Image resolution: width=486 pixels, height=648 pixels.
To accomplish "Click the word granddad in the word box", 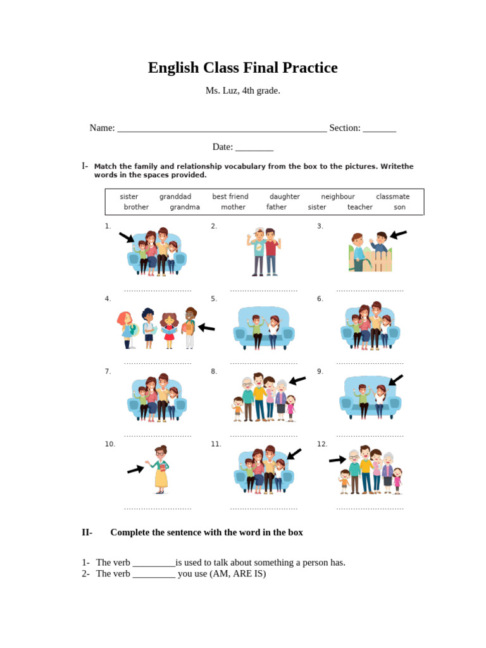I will (175, 197).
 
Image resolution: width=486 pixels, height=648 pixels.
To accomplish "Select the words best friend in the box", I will (230, 197).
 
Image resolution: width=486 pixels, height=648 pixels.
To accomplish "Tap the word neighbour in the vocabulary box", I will (338, 197).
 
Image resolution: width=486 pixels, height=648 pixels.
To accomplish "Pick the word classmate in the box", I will (392, 197).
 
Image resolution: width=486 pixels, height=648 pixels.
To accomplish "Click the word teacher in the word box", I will (360, 207).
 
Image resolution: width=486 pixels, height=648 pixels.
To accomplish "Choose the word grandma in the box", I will (185, 207).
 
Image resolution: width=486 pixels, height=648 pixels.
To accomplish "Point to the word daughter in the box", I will (285, 197).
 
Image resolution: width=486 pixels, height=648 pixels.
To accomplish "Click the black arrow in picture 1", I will (127, 237).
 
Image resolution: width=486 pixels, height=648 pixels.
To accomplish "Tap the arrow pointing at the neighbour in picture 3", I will (398, 235).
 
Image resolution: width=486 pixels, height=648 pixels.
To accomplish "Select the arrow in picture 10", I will (135, 469).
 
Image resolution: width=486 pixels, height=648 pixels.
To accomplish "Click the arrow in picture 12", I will (337, 460).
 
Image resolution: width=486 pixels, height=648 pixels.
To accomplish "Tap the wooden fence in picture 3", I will (377, 259).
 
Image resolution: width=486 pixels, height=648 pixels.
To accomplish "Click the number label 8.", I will (214, 371).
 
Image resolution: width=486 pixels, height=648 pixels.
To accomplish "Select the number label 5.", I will (214, 299).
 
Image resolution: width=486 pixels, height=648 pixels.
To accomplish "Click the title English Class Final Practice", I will (243, 68).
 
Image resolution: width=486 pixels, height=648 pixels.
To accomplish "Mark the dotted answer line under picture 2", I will (264, 290).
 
